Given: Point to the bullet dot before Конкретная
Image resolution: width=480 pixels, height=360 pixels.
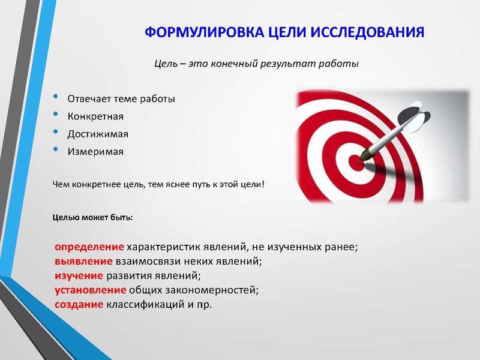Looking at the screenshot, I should point(56,115).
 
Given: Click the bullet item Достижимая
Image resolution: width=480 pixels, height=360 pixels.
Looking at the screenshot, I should point(98,133).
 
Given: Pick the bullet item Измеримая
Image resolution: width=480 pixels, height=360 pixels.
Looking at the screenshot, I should point(95,151).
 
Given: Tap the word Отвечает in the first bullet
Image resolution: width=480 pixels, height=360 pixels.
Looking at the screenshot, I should point(86,98).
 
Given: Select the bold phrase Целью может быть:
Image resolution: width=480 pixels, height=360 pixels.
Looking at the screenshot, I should point(92,217).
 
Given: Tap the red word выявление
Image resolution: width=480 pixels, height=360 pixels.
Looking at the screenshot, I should point(84,262).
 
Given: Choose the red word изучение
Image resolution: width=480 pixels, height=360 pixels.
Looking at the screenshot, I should point(79,276).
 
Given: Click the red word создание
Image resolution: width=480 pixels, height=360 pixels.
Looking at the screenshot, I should point(79,305).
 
